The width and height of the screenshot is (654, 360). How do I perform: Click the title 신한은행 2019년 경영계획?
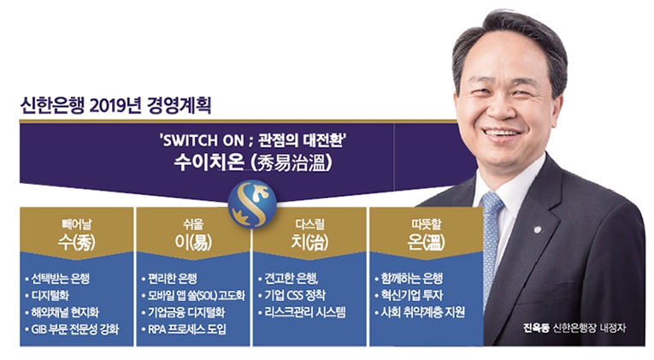click(x=115, y=107)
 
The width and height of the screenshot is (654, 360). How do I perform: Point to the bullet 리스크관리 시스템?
click(x=308, y=312)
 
